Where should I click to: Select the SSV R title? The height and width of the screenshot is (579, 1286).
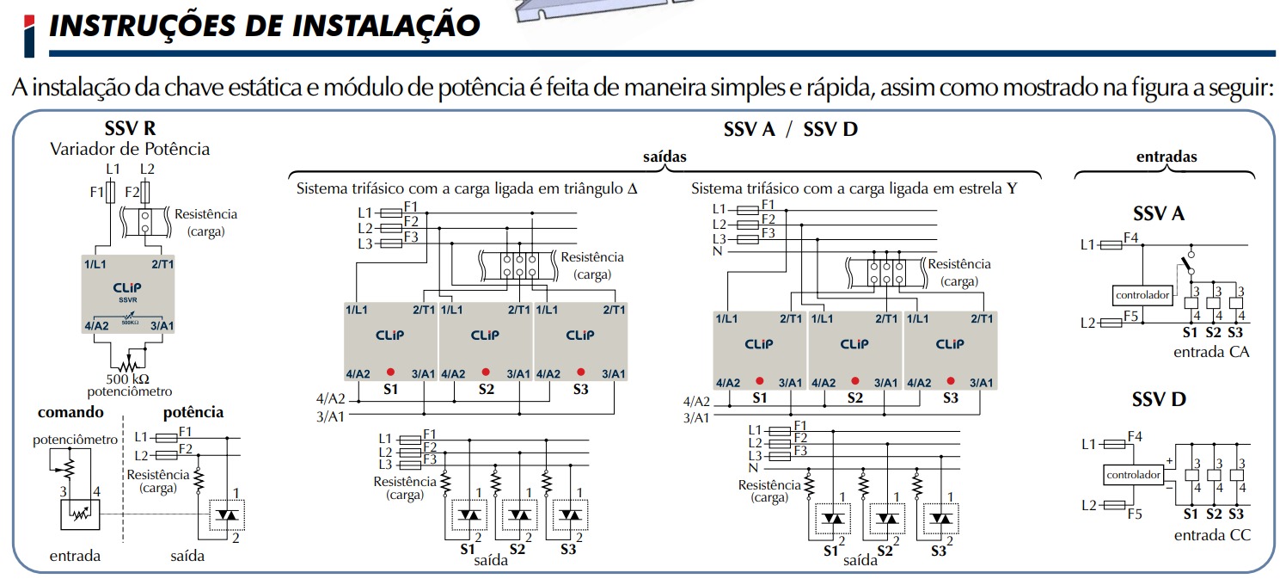point(130,129)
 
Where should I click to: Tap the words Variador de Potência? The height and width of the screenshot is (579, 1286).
point(130,149)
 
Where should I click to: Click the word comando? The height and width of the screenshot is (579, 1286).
point(70,413)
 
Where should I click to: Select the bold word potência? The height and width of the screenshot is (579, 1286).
point(193,413)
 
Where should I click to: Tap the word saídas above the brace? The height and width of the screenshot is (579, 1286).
point(664,157)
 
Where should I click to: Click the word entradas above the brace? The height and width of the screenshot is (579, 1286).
point(1167,157)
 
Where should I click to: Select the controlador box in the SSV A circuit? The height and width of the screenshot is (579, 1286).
point(1142,295)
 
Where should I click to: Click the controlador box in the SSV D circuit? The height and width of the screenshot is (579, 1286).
point(1133,475)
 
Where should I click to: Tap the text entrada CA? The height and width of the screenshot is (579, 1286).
point(1211,352)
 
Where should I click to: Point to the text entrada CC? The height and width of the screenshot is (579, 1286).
point(1211,535)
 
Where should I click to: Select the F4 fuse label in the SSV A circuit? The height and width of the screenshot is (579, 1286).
point(1130,237)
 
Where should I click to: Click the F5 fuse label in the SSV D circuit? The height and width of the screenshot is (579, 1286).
point(1134,515)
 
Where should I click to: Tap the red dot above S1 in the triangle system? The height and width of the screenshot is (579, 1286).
point(390,373)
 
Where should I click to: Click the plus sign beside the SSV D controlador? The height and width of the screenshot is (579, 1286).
point(1169,461)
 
